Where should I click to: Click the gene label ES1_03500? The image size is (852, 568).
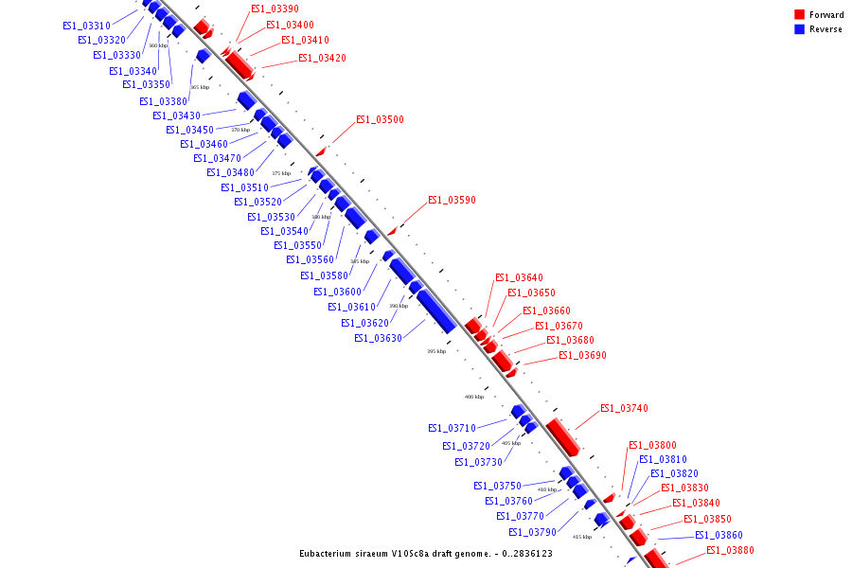click(380, 120)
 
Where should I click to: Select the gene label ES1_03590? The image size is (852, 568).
click(452, 201)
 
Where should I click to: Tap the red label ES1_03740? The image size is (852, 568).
click(624, 409)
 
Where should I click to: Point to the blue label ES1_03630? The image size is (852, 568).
click(378, 338)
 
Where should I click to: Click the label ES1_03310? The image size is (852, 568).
click(86, 26)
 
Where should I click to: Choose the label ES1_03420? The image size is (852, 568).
click(322, 59)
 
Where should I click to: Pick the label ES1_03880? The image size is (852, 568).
click(730, 551)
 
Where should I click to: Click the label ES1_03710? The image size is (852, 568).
click(452, 428)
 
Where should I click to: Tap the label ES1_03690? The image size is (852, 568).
click(582, 356)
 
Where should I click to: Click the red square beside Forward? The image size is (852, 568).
click(800, 15)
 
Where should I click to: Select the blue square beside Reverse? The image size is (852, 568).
click(800, 29)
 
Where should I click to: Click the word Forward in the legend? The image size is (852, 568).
click(826, 15)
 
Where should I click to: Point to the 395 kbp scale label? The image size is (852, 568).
click(436, 351)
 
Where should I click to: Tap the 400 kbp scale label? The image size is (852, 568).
click(473, 397)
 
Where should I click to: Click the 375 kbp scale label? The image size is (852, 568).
click(281, 173)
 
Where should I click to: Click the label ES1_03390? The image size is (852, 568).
click(275, 9)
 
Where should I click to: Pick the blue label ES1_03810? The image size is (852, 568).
click(663, 460)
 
